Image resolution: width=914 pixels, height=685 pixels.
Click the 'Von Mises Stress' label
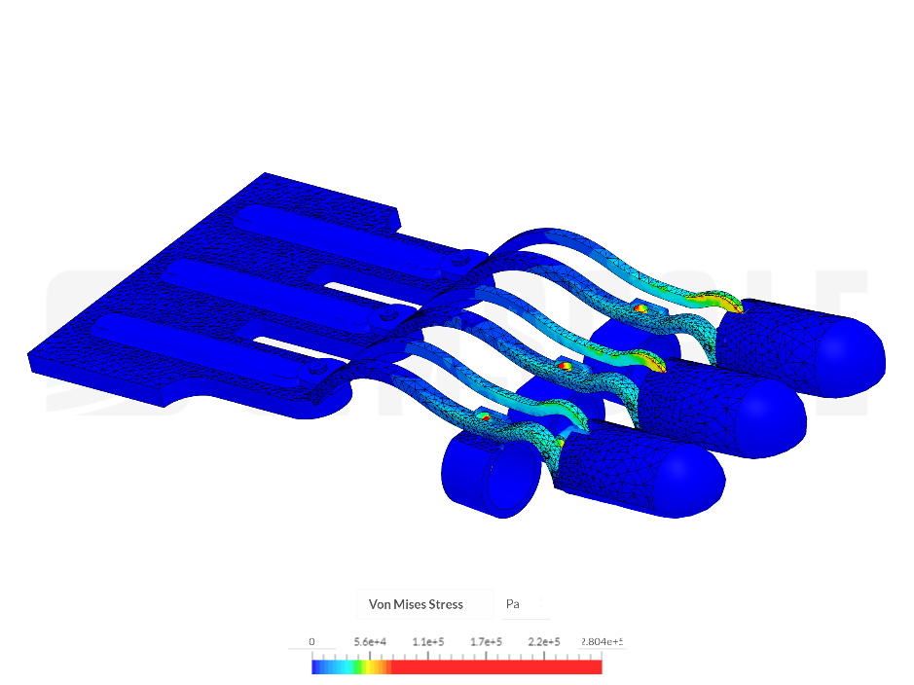(x=416, y=604)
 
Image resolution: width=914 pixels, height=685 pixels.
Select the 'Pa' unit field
(x=513, y=604)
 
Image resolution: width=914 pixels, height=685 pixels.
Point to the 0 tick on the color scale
(x=311, y=642)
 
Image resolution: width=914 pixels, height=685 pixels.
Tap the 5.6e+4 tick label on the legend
(x=370, y=642)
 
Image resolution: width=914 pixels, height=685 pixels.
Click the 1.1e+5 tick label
(x=428, y=642)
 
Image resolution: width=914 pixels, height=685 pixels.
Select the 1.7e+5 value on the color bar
(x=486, y=642)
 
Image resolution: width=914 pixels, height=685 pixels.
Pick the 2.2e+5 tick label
(x=543, y=642)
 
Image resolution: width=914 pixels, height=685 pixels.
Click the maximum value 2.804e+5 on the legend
(x=602, y=642)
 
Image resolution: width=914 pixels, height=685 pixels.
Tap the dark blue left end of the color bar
(x=317, y=667)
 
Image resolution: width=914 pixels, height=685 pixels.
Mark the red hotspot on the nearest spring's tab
(x=484, y=416)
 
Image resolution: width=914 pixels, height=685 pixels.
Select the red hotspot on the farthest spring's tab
(x=640, y=307)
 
